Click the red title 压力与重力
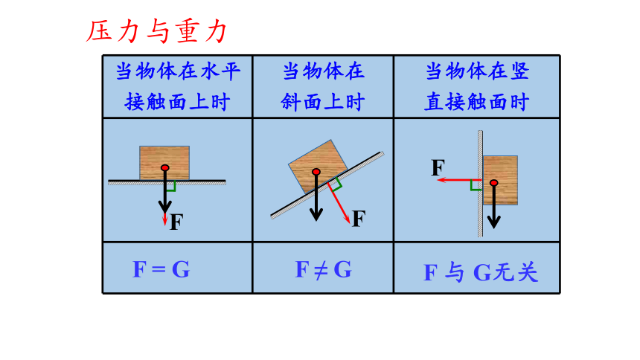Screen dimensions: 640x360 click(156, 31)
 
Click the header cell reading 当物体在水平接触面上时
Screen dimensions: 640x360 click(178, 86)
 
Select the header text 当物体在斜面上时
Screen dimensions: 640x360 click(323, 86)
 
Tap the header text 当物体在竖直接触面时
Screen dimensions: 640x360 click(477, 86)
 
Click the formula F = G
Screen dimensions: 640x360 click(161, 269)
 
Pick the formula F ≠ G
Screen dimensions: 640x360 click(323, 269)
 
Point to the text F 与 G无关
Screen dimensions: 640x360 click(481, 272)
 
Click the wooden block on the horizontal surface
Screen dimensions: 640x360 click(164, 163)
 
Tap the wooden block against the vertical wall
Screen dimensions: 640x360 click(500, 180)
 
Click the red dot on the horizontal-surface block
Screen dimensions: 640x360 click(165, 168)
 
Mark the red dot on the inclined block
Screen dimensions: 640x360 click(316, 172)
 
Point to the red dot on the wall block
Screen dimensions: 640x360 click(494, 182)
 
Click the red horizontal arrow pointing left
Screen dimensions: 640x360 click(460, 179)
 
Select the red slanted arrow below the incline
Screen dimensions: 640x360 click(339, 203)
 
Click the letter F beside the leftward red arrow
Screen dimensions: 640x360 click(438, 167)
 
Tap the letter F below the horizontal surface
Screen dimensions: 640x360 click(176, 222)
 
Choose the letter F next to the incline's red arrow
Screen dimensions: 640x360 click(359, 219)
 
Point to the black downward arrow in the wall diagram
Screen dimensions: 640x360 click(494, 205)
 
